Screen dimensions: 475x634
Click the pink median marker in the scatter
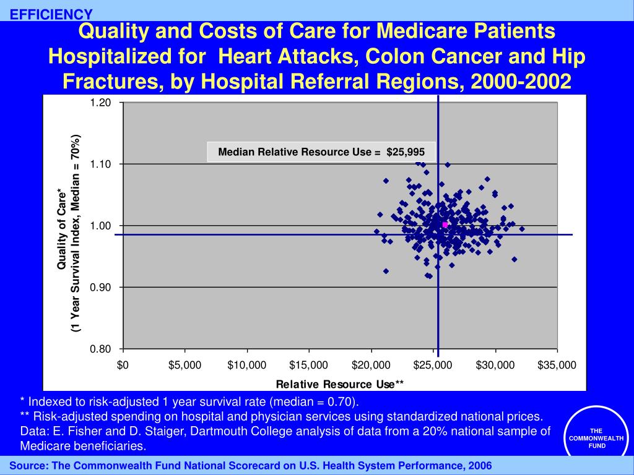pos(445,225)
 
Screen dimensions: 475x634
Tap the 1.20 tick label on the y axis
pos(101,103)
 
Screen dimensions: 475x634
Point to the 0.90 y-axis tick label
pos(101,288)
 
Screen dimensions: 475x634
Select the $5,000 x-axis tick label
pos(185,365)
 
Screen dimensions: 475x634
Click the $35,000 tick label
pos(557,365)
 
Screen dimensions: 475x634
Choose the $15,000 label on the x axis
pos(308,365)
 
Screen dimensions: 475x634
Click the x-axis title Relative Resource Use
pos(339,385)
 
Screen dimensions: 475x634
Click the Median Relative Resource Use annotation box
pos(321,152)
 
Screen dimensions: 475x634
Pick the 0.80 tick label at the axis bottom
pos(101,349)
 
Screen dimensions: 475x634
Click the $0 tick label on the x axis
pos(123,365)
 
